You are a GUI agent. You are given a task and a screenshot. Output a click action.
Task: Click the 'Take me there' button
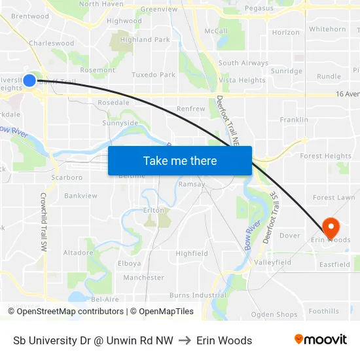point(180,161)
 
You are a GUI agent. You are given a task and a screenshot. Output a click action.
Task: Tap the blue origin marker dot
point(29,81)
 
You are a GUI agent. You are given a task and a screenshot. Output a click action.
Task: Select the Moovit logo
point(321,340)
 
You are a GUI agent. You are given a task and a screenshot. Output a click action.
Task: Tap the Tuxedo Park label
point(153,75)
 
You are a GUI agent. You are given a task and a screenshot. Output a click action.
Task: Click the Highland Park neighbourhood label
point(145,39)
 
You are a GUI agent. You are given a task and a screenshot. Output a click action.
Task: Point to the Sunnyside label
point(120,122)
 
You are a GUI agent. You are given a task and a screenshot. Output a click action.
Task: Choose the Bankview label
point(81,196)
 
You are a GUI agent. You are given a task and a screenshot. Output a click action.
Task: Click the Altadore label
point(78,252)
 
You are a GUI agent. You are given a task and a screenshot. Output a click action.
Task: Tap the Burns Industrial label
point(198,295)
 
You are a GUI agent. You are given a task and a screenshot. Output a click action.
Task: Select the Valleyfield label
point(273,262)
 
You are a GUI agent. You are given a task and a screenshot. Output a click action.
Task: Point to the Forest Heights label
point(325,156)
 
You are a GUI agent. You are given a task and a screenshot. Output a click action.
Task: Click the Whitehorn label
point(327,29)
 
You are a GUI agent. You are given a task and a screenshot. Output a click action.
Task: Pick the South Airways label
point(243,63)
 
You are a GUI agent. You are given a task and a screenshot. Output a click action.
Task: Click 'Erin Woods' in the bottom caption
point(224,340)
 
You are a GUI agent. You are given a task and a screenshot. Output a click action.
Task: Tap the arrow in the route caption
point(185,340)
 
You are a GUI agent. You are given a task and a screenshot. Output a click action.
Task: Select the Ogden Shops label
point(274,315)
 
